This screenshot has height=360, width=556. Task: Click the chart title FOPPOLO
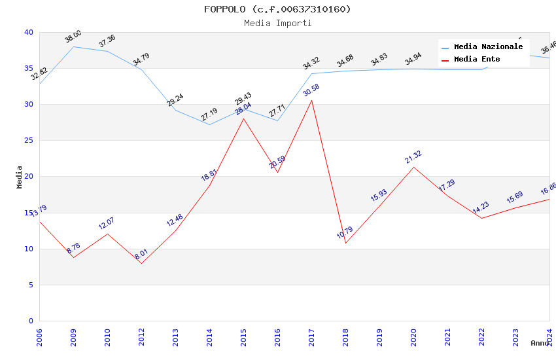pyautogui.click(x=277, y=9)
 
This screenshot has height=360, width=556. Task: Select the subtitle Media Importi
pyautogui.click(x=277, y=23)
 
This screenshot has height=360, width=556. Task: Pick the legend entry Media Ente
pyautogui.click(x=477, y=60)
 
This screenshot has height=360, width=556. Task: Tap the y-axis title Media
pyautogui.click(x=20, y=177)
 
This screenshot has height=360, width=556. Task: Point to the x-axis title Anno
pyautogui.click(x=540, y=343)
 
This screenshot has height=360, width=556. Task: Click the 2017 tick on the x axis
pyautogui.click(x=311, y=336)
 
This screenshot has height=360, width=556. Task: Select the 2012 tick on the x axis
pyautogui.click(x=141, y=336)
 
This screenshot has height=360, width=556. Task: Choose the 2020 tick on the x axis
pyautogui.click(x=413, y=336)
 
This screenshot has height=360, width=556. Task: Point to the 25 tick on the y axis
pyautogui.click(x=28, y=141)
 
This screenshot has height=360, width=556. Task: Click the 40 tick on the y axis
pyautogui.click(x=28, y=33)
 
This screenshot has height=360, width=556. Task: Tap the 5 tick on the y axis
pyautogui.click(x=30, y=285)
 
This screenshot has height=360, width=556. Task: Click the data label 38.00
pyautogui.click(x=73, y=37)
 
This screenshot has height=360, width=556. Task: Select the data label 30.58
pyautogui.click(x=311, y=90)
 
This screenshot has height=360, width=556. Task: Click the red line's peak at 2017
pyautogui.click(x=311, y=100)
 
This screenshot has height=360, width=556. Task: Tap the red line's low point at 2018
pyautogui.click(x=345, y=243)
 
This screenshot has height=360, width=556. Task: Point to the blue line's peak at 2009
pyautogui.click(x=73, y=46)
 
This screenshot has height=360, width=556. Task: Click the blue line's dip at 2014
pyautogui.click(x=209, y=124)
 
